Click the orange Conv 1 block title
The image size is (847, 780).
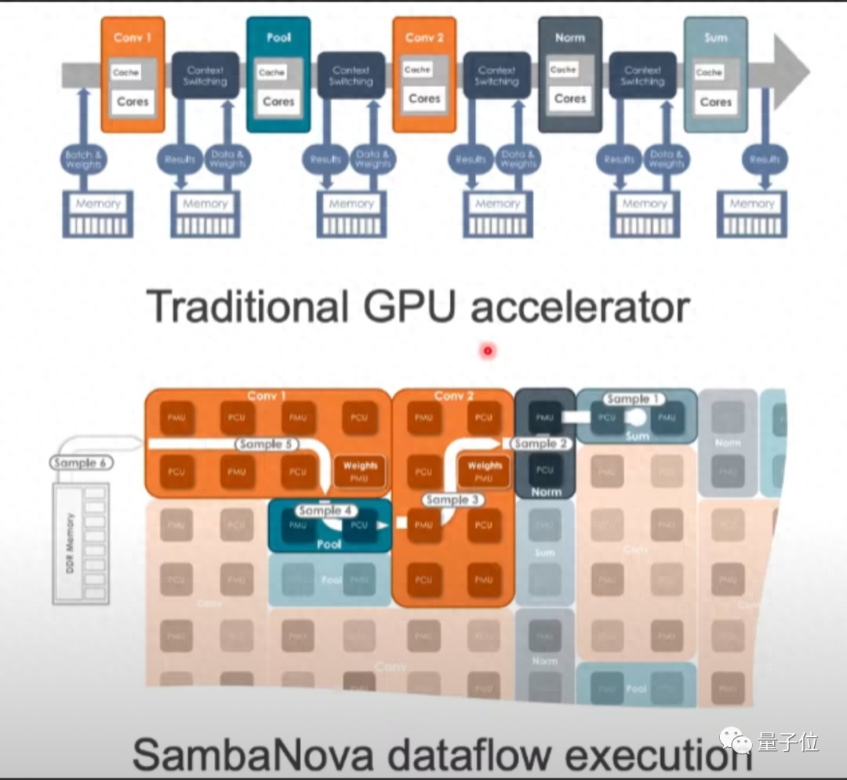[x=133, y=38]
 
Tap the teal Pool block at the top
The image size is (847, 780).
[x=278, y=74]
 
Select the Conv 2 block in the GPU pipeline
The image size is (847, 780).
[x=424, y=74]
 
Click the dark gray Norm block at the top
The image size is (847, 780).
[x=569, y=74]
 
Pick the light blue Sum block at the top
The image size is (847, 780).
[x=715, y=74]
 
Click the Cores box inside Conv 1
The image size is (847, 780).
[x=133, y=102]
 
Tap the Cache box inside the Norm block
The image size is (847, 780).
[x=563, y=70]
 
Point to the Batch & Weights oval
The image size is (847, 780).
[x=83, y=159]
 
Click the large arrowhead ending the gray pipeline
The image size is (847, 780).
[x=790, y=72]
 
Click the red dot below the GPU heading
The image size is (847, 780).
[x=488, y=350]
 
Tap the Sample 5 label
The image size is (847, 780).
[x=267, y=444]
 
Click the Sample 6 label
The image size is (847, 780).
[x=81, y=463]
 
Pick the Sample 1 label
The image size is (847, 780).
[x=633, y=399]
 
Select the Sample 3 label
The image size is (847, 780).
[x=452, y=499]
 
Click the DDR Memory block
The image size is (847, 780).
[x=81, y=543]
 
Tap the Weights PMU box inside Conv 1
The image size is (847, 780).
[x=360, y=471]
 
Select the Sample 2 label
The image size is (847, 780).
[x=540, y=444]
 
